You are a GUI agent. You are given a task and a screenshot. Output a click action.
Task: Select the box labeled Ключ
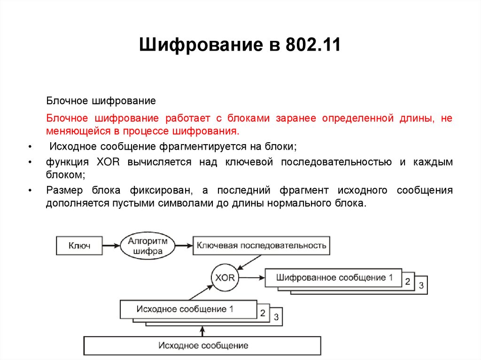[x=79, y=245]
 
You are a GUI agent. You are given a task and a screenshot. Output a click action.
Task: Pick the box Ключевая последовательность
[x=261, y=245]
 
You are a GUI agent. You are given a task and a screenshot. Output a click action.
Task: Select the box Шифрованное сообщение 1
[x=334, y=277]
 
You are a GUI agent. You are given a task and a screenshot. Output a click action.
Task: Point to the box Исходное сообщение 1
[x=188, y=309]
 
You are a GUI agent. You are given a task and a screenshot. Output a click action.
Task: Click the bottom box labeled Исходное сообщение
[x=202, y=345]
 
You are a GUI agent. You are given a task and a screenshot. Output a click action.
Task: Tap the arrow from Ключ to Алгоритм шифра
[x=111, y=245]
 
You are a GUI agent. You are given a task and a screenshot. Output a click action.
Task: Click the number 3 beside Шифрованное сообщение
[x=421, y=285]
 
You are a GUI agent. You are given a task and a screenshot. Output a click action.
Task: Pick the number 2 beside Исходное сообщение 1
[x=263, y=313]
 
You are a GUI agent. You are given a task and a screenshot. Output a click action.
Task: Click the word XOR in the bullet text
[x=109, y=162]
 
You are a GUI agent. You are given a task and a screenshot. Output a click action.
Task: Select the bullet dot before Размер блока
[x=30, y=191]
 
